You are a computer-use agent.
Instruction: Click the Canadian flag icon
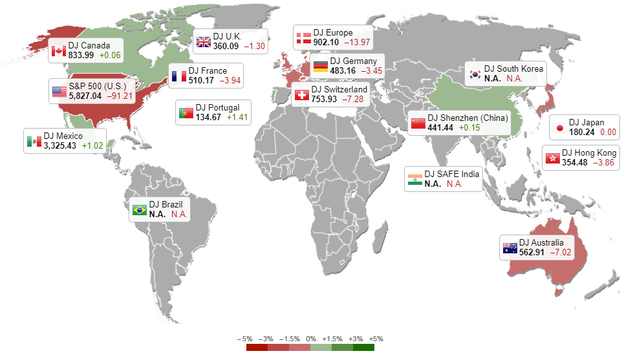59,50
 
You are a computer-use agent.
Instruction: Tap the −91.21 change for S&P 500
120,96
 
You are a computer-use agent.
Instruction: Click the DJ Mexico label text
63,136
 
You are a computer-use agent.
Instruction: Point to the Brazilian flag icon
139,209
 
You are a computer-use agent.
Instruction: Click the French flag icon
179,76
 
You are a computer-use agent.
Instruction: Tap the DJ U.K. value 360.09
226,46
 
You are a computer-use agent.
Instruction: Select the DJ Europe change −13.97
357,42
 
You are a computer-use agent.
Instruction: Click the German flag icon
320,65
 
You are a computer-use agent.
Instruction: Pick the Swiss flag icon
301,94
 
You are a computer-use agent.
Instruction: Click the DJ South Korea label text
514,69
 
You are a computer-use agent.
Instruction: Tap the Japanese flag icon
559,127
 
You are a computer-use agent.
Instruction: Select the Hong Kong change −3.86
606,162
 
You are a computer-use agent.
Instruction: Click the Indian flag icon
414,178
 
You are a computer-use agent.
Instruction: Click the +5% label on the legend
377,339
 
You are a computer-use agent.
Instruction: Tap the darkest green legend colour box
363,347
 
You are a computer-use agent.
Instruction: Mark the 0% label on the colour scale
310,339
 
